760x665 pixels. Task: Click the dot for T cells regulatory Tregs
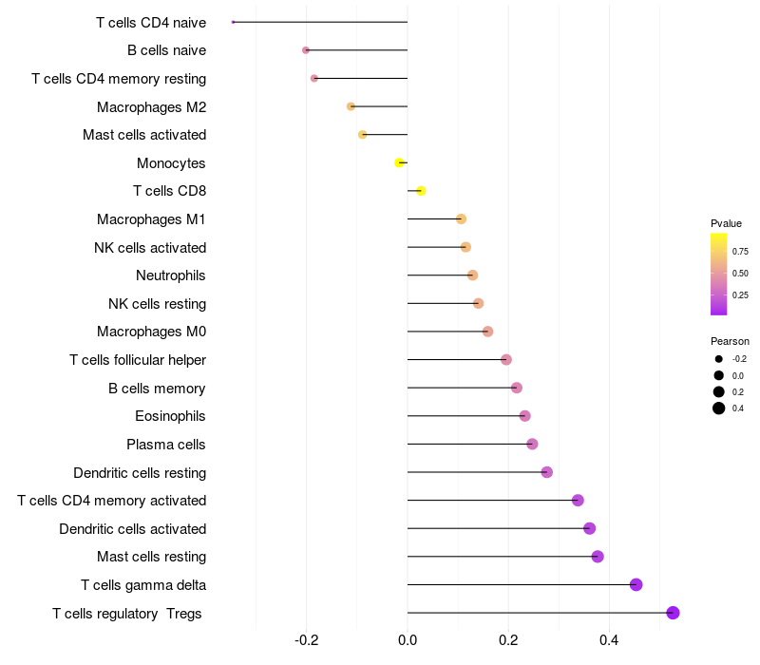(x=673, y=613)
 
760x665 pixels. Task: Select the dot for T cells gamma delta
(x=636, y=584)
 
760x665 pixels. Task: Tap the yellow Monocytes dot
(x=399, y=162)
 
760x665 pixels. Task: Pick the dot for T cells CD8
(x=421, y=191)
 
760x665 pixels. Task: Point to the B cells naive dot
(x=305, y=50)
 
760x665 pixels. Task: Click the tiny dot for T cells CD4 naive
(x=233, y=22)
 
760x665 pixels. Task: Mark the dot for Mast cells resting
(x=597, y=557)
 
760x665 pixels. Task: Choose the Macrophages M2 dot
(x=351, y=106)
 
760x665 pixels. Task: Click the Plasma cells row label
(x=166, y=445)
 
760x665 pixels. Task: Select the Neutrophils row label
(x=171, y=275)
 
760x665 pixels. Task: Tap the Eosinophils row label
(x=171, y=416)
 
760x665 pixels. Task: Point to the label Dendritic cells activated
(x=132, y=528)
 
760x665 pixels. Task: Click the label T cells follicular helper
(x=138, y=360)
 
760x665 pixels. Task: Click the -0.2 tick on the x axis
(x=306, y=640)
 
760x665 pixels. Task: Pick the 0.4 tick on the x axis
(x=609, y=640)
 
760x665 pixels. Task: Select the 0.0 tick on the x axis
(x=408, y=640)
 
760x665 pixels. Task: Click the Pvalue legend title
(x=726, y=223)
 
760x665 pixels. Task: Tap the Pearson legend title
(x=730, y=341)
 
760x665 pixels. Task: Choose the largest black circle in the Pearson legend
(x=719, y=408)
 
